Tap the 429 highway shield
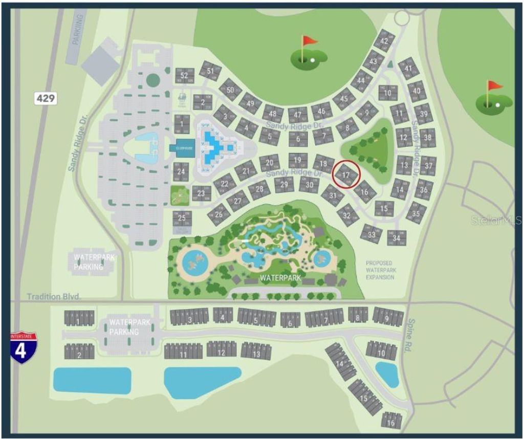coord(45,97)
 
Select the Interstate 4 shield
coord(23,347)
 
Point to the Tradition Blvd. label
coord(54,297)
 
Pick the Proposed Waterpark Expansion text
coord(380,270)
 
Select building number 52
coord(184,76)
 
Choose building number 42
coord(384,42)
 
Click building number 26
coord(219,214)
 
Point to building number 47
coord(298,114)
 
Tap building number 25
coord(182,218)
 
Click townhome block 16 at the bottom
coord(390,423)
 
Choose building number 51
coord(210,70)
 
